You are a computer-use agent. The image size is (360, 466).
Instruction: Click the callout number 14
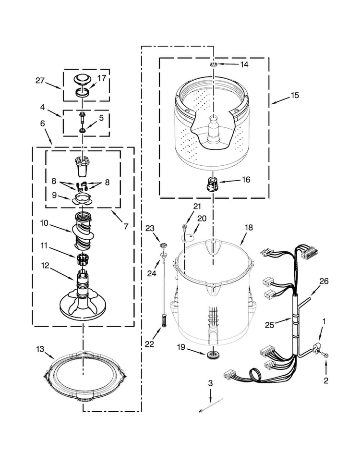point(244,64)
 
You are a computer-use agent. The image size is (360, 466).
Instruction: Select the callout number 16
point(246,180)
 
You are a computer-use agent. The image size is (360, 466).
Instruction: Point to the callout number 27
point(40,81)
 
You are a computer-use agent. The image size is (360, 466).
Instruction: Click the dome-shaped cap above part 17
point(82,81)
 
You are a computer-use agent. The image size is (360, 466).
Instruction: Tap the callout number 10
point(44,223)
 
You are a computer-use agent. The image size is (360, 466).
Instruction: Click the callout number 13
point(40,349)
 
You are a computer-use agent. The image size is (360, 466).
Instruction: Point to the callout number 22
point(149,344)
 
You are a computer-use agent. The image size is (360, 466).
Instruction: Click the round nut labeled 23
point(163,245)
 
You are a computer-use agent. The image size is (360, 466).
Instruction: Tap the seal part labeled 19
point(212,354)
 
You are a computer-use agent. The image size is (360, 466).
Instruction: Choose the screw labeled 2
point(325,355)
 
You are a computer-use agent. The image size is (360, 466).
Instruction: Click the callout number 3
point(210,383)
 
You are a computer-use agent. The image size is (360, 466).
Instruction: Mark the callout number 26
point(324,281)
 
